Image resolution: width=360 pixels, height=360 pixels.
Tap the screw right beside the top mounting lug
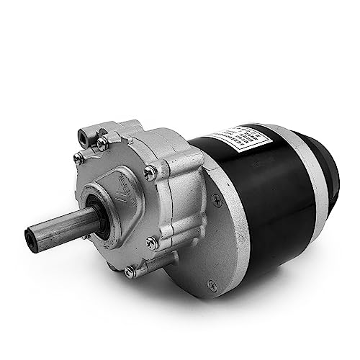103,144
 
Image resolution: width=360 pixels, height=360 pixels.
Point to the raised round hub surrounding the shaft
108,209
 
